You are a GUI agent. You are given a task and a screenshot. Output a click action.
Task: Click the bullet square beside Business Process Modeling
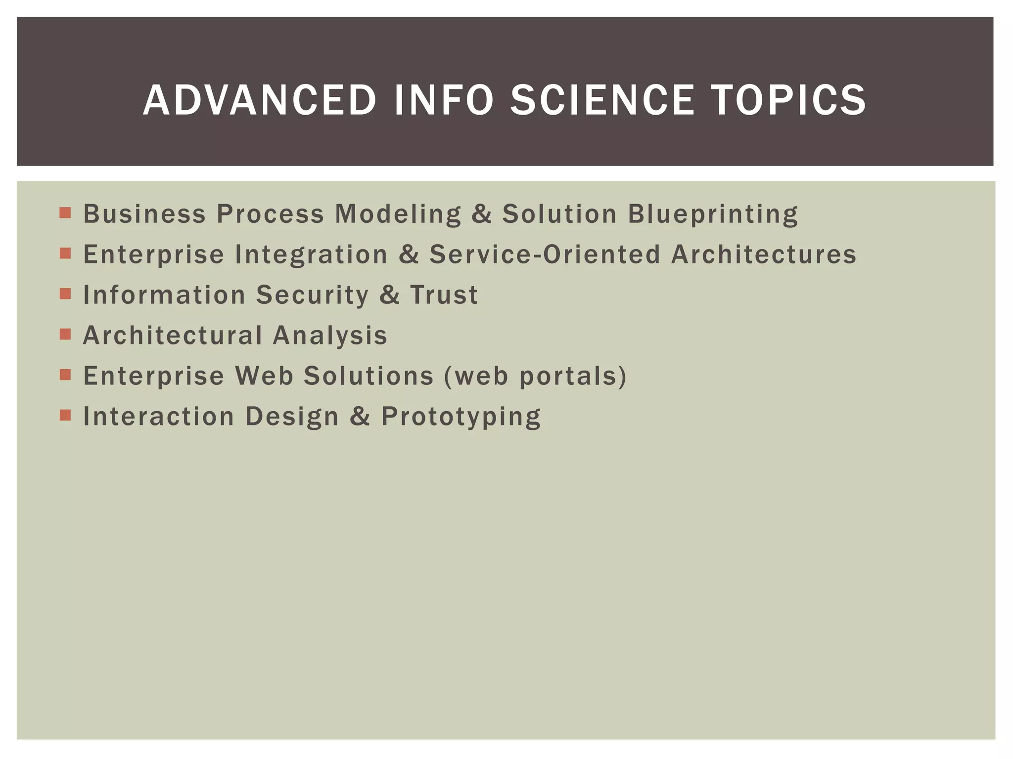tap(65, 213)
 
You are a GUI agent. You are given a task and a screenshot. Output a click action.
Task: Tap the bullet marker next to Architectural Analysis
tap(65, 335)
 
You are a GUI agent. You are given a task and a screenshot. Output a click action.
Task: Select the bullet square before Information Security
tap(65, 294)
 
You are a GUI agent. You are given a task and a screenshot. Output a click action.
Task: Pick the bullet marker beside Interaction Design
tap(65, 415)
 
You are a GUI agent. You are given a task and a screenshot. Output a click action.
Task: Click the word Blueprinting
tap(713, 214)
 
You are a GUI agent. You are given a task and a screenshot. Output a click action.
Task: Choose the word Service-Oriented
tap(545, 254)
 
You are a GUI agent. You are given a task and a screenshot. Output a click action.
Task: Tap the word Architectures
tap(764, 254)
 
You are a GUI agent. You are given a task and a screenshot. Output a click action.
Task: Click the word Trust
tap(444, 295)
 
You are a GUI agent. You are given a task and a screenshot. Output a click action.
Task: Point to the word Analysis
tap(330, 336)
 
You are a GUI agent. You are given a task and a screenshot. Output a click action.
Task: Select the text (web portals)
tap(536, 376)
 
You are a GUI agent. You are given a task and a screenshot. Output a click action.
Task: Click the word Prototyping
tap(461, 417)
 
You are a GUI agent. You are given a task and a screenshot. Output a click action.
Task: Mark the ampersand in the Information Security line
tap(389, 295)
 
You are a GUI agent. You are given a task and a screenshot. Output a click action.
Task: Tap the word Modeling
tap(398, 214)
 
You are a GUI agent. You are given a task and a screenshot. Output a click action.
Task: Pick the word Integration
tap(311, 254)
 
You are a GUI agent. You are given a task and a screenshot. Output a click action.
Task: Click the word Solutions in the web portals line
tap(368, 376)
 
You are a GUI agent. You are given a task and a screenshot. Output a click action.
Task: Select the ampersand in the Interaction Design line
tap(360, 417)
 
